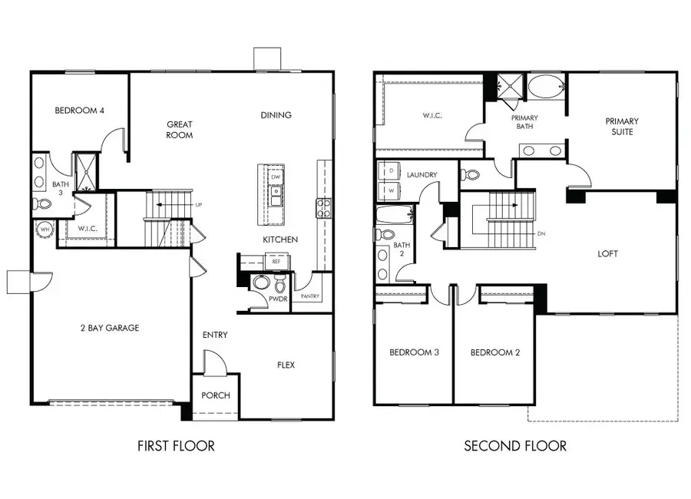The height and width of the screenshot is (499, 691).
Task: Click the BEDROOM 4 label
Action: click(x=79, y=111)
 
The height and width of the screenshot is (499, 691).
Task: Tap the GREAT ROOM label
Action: click(x=179, y=129)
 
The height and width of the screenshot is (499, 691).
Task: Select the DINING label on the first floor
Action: click(x=276, y=115)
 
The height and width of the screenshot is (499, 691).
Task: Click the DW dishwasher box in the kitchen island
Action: click(x=275, y=177)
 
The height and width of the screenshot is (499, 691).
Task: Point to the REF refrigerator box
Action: click(x=276, y=262)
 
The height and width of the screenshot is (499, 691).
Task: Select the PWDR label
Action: click(x=278, y=299)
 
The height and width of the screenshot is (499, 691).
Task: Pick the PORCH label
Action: click(x=215, y=396)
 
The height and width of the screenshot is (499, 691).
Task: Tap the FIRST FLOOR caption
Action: click(x=176, y=445)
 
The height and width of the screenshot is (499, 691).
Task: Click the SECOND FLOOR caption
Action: click(x=515, y=445)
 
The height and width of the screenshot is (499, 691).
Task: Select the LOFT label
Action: click(x=607, y=253)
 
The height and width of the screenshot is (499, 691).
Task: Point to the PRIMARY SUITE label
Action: click(x=621, y=127)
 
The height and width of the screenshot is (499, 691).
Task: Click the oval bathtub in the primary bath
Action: click(x=545, y=85)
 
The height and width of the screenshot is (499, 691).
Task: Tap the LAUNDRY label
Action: click(x=422, y=175)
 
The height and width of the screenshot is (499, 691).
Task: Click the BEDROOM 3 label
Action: click(x=414, y=353)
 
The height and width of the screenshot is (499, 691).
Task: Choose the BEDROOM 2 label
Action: click(x=495, y=353)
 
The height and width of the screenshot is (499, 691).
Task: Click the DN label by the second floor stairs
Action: click(x=541, y=233)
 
